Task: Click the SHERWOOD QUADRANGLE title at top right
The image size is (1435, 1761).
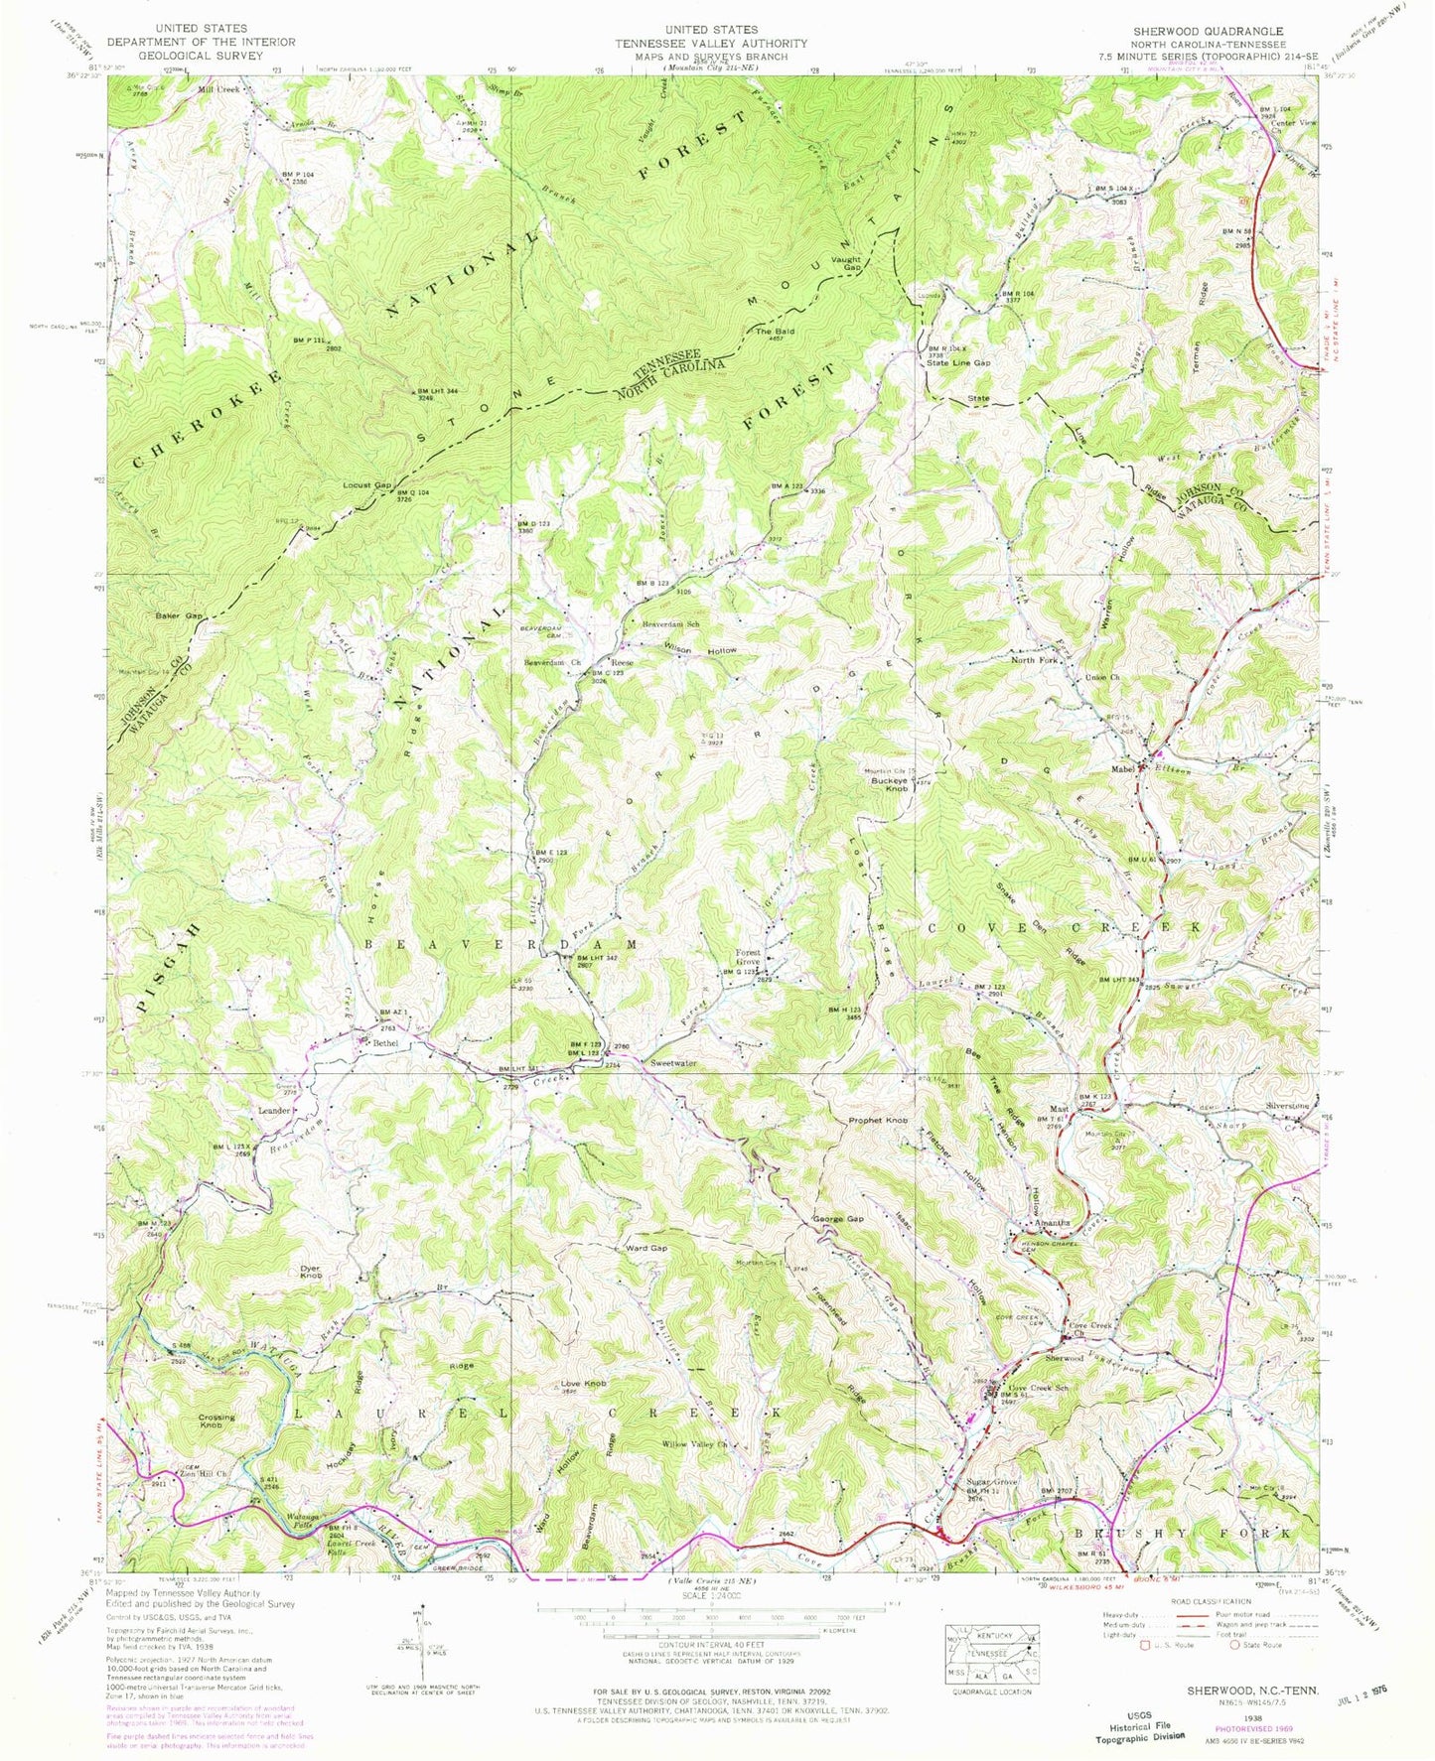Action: click(1208, 31)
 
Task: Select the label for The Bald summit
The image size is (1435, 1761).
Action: click(775, 332)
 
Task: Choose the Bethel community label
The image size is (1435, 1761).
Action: click(384, 1043)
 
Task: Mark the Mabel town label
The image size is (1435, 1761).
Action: click(1123, 767)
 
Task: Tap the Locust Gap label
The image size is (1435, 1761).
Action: click(365, 485)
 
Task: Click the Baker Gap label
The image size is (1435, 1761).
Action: click(179, 616)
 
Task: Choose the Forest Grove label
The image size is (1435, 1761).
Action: click(748, 957)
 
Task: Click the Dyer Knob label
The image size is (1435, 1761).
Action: click(311, 1272)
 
